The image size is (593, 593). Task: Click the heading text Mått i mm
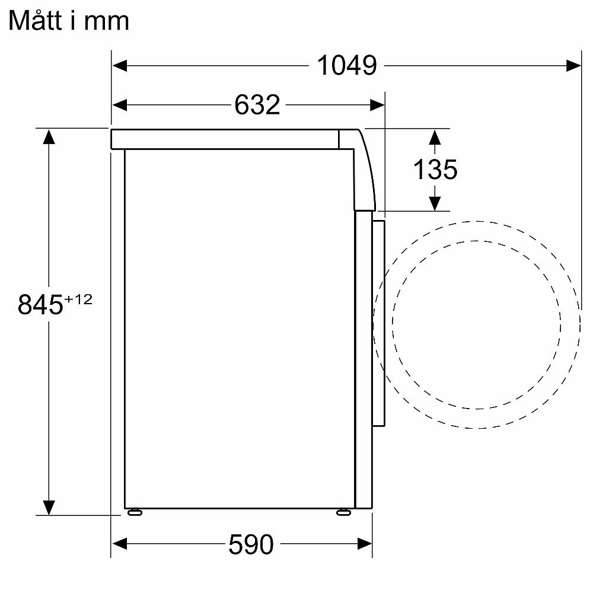click(69, 21)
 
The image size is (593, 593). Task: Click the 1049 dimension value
click(347, 65)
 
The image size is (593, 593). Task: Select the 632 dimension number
click(257, 105)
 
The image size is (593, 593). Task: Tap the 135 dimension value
click(435, 170)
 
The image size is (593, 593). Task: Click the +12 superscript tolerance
click(78, 299)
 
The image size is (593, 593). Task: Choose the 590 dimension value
click(250, 544)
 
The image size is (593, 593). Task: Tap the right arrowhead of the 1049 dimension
click(573, 65)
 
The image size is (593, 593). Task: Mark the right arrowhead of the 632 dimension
click(378, 105)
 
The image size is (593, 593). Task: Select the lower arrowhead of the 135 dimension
click(435, 203)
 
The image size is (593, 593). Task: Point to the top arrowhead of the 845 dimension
click(49, 137)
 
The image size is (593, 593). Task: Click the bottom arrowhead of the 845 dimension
click(49, 507)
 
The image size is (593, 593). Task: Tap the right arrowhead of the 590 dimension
click(364, 544)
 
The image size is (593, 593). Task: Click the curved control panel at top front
click(364, 169)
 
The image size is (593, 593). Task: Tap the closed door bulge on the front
click(379, 323)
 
